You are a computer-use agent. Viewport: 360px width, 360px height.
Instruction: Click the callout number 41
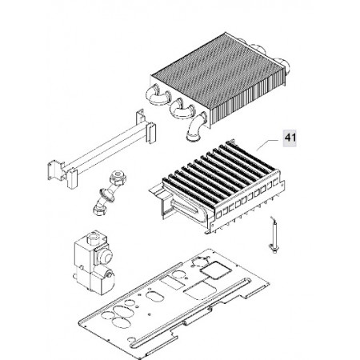point(290,138)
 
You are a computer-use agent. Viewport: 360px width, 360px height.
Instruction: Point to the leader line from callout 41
point(267,145)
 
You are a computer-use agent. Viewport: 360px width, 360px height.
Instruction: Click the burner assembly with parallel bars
point(217,186)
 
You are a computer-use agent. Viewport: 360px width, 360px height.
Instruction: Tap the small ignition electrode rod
point(273,234)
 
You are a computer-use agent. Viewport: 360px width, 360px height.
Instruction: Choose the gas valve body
point(94,262)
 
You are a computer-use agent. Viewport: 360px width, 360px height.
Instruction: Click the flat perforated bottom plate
point(174,304)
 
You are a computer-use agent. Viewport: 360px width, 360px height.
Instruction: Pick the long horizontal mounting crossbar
point(102,149)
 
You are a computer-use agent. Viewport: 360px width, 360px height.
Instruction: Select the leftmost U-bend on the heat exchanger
point(158,95)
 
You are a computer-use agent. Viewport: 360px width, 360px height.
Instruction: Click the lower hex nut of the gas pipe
point(98,210)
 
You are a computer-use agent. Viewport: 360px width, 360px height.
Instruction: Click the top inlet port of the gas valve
point(94,237)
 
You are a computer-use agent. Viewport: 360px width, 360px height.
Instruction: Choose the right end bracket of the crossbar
point(146,126)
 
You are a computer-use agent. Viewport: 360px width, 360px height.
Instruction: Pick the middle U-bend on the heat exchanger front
point(182,107)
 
